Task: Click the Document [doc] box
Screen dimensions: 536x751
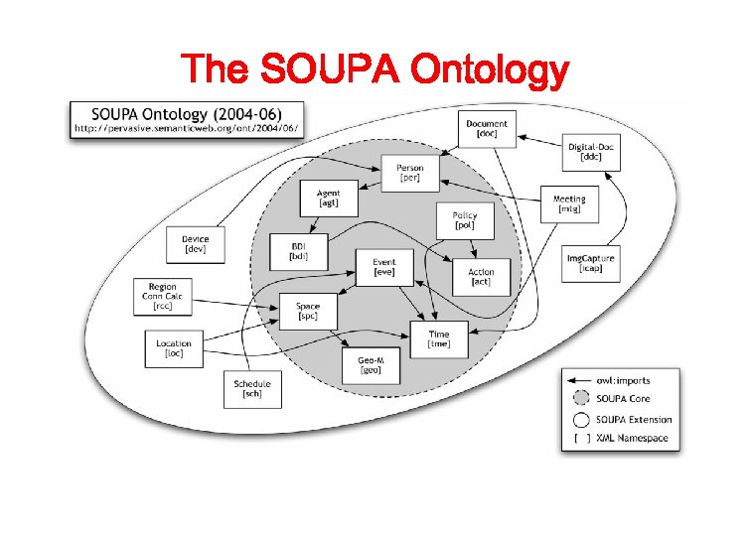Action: pyautogui.click(x=486, y=129)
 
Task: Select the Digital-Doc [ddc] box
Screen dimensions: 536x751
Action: pyautogui.click(x=593, y=151)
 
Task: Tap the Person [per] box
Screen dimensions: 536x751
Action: pyautogui.click(x=409, y=174)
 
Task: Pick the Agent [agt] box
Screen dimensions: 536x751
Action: pyautogui.click(x=328, y=198)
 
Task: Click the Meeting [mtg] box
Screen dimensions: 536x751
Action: pyautogui.click(x=568, y=204)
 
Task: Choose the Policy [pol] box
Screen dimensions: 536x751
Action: pyautogui.click(x=464, y=220)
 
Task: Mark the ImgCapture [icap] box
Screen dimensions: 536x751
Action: pyautogui.click(x=590, y=263)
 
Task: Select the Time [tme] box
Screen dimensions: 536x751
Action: pyautogui.click(x=438, y=338)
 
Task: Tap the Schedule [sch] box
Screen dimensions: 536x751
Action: pyautogui.click(x=251, y=389)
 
